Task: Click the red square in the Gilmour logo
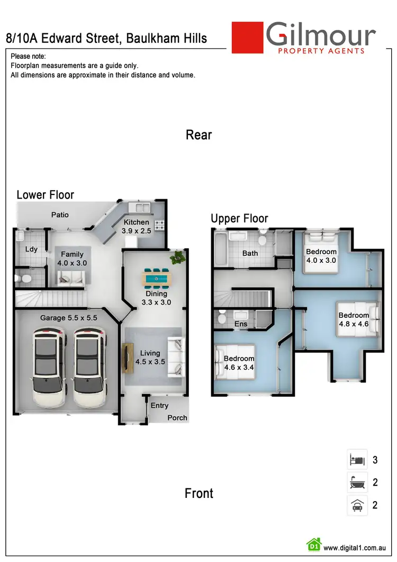coord(248,38)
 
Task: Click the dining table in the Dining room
coord(157,277)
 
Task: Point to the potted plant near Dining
coord(177,257)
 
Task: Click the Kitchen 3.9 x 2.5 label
coord(136,227)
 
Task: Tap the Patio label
coord(60,215)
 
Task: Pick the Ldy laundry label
coord(31,248)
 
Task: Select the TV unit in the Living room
coord(127,359)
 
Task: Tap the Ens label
coord(241,324)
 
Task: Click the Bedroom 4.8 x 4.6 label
coord(354,319)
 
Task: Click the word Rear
coord(198,135)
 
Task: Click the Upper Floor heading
coord(239,218)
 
